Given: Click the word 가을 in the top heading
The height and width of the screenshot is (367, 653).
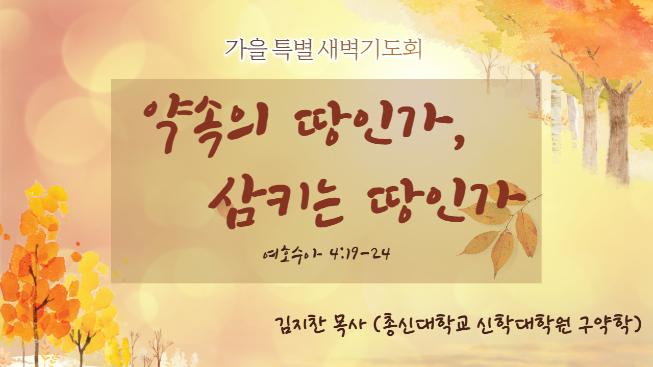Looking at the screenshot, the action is (x=246, y=50).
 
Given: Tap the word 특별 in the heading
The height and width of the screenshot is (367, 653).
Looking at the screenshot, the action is (x=293, y=50).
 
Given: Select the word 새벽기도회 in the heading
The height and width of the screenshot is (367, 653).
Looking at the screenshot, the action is (x=370, y=50).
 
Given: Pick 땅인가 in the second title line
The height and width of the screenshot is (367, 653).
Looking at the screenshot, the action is (x=446, y=201).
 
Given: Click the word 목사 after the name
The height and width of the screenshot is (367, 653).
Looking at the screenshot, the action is (x=348, y=325).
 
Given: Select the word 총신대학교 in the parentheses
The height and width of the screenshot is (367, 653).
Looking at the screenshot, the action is (x=426, y=325).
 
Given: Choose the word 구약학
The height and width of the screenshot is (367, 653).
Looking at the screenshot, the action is (x=606, y=325).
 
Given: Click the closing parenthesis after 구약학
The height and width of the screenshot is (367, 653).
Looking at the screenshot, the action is (x=638, y=325).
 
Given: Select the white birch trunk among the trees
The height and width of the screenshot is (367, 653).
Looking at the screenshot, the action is (x=556, y=117).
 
